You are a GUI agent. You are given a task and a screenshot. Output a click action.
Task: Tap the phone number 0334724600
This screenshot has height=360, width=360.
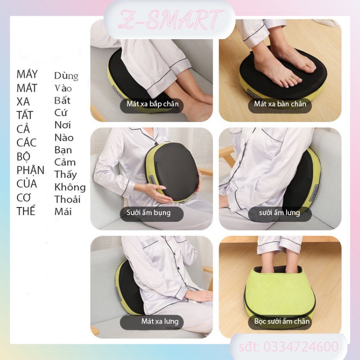(289, 347)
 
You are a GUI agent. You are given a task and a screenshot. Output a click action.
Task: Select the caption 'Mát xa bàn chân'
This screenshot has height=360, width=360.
(280, 104)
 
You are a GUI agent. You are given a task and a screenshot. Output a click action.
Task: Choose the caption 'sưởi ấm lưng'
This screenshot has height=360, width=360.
(279, 212)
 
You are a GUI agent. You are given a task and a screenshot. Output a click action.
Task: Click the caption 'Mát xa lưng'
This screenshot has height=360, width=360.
(159, 321)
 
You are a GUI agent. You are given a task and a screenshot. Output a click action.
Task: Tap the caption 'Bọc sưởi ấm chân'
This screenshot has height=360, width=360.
(282, 321)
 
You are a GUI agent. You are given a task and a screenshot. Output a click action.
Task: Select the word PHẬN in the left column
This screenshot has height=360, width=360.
(31, 170)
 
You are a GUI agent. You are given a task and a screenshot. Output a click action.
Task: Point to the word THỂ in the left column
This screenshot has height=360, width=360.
(26, 211)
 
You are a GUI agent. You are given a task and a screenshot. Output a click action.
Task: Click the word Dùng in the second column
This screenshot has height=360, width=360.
(66, 76)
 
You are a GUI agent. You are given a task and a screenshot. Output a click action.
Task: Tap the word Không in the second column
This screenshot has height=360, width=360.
(70, 187)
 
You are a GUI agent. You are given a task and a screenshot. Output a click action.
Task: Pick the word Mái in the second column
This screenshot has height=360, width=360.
(63, 211)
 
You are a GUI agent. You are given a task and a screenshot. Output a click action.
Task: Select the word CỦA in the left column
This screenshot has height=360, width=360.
(27, 184)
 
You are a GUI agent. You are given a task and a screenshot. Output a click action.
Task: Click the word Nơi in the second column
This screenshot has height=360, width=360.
(63, 125)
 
